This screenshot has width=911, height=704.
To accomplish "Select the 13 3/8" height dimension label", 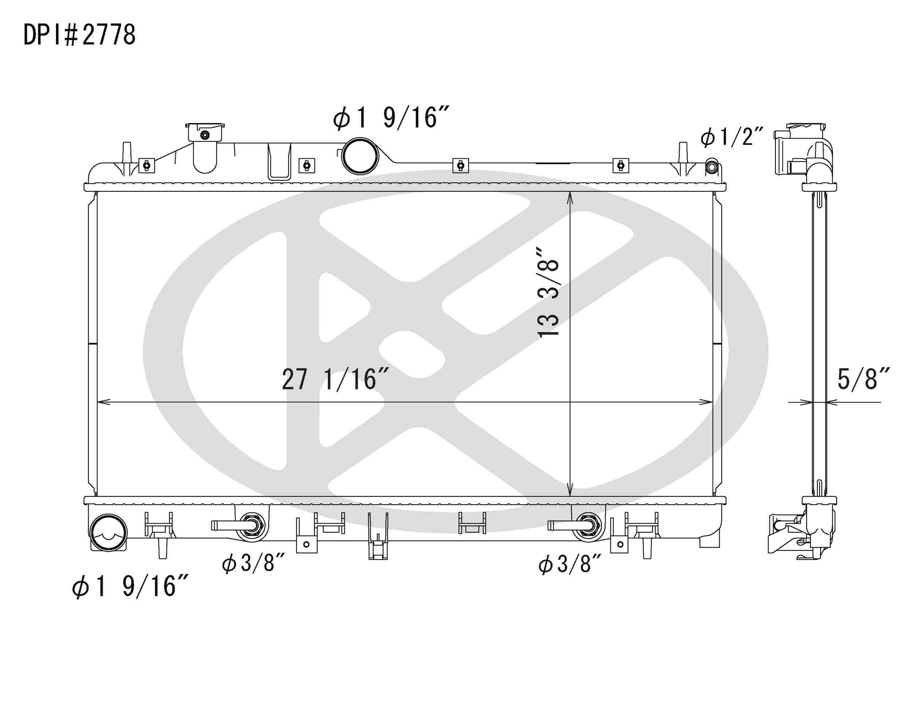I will pos(548,292).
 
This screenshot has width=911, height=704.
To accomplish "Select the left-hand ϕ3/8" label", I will pos(253,563).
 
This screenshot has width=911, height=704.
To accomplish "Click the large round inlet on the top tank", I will pos(360,156).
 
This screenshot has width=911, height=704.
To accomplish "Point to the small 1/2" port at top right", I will pos(712,167).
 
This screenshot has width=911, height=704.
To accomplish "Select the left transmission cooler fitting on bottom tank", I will pos(253,525).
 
